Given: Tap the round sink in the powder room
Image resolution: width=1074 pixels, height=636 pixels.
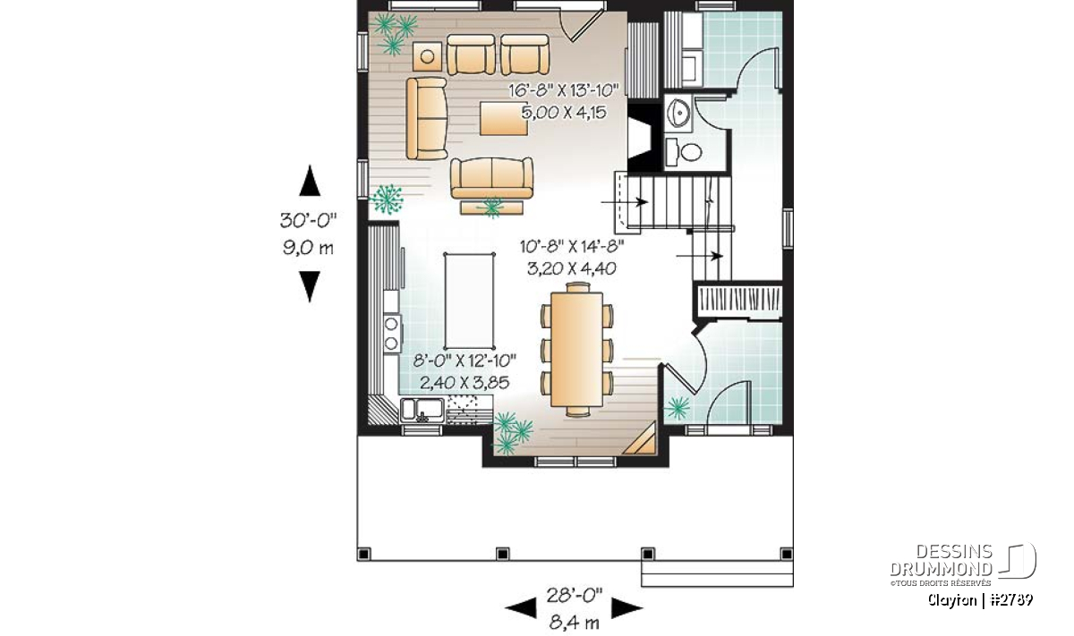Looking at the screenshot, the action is coord(678,113).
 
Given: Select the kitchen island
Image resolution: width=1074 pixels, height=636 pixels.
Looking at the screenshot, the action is coord(469,301).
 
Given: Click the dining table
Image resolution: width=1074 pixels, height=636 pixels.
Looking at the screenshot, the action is coord(576,350).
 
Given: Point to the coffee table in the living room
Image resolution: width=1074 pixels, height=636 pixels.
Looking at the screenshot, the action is coord(503,118).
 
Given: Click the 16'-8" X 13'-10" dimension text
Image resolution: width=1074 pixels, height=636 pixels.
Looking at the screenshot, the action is coord(563,89).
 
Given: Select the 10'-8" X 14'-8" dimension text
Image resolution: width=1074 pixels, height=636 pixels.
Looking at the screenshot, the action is coord(572,246).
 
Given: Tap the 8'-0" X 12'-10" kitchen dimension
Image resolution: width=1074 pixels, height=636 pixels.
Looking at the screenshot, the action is coord(465,360).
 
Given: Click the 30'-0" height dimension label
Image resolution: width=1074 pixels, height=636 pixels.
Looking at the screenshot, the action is coord(308,220).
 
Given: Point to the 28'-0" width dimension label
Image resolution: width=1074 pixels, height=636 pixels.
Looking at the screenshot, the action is coord(574,596).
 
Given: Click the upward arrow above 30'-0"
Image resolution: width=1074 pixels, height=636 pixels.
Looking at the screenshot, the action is coord(310,181).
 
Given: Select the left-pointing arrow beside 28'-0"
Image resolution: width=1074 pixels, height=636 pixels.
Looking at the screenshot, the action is coord(521,608).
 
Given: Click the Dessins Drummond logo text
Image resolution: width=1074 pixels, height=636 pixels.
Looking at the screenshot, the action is coord(941,561).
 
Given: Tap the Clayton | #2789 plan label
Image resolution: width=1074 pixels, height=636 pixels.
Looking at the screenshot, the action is coord(980,600).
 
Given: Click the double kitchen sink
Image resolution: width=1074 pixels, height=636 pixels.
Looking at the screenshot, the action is coord(422,411).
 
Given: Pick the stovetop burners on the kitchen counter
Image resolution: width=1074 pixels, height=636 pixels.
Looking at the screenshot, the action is coord(392,333).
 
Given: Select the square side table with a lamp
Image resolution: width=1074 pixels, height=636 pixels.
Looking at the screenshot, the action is coord(427,57).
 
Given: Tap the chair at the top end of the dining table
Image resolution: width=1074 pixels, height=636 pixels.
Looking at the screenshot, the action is coord(578,287).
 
